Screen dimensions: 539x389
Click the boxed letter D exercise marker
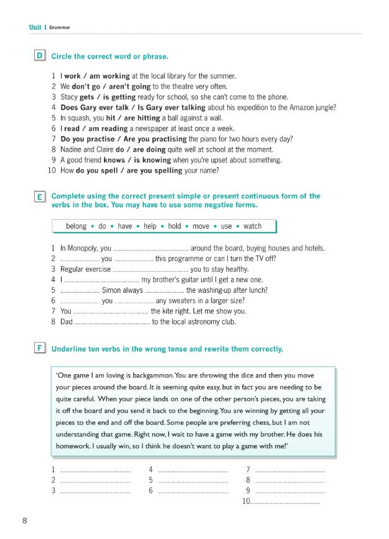40,57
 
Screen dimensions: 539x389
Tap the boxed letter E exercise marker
40,197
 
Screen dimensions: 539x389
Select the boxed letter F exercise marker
40,349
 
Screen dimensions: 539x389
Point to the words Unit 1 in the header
38,27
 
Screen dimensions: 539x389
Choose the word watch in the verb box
252,226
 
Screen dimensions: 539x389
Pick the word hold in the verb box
174,226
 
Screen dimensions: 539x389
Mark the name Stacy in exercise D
68,97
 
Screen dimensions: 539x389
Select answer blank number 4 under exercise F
192,469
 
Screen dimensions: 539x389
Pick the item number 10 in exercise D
52,170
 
